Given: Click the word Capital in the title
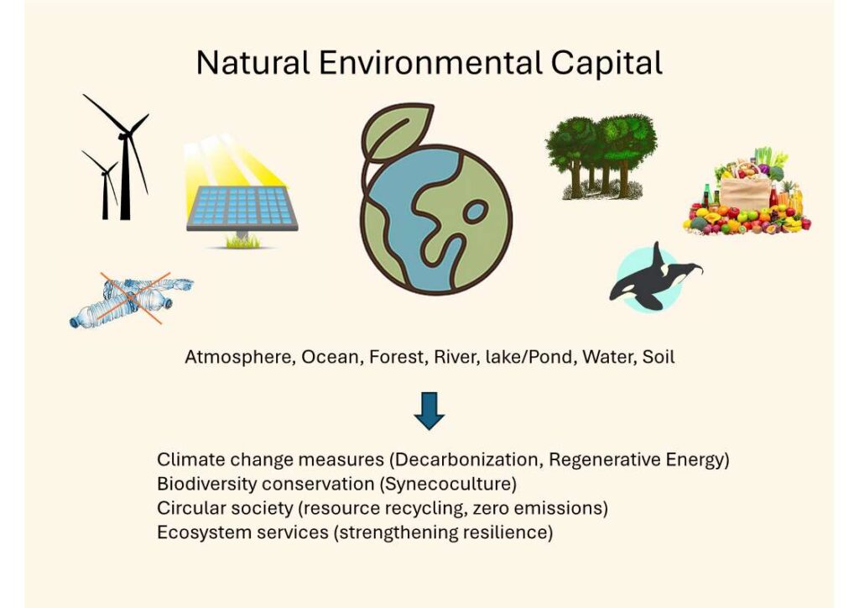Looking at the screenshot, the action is (607, 63).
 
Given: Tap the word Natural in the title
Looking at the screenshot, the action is (253, 62).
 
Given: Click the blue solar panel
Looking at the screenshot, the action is (242, 208).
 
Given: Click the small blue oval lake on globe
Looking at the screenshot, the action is (475, 211).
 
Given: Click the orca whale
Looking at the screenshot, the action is (656, 277).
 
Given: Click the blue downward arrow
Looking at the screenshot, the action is (429, 411).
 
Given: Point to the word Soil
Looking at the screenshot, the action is (658, 357).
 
